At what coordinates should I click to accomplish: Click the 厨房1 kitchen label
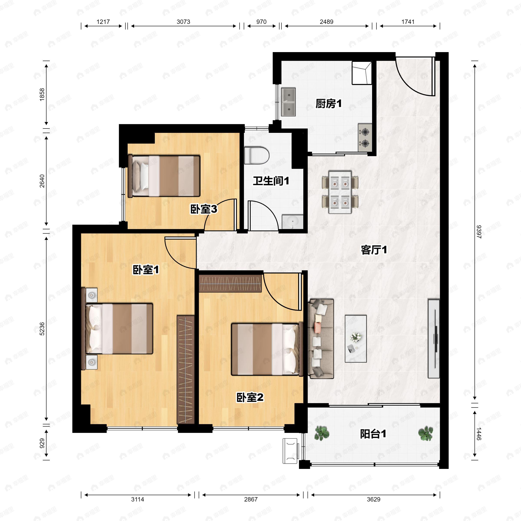(328, 104)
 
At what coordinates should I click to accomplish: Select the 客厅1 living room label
(374, 250)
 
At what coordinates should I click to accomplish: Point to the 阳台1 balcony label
(373, 434)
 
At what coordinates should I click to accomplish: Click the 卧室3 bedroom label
(204, 209)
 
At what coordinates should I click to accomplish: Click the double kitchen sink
(288, 102)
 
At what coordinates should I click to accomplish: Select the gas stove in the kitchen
(365, 138)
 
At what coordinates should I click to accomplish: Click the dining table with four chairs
(340, 192)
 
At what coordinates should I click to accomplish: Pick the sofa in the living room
(321, 338)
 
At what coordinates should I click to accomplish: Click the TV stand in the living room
(434, 338)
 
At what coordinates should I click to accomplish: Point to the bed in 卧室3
(165, 176)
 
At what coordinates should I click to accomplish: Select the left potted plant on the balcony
(322, 433)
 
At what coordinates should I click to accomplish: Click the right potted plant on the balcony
(425, 433)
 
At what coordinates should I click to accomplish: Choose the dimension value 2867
(251, 500)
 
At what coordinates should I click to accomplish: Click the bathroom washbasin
(293, 222)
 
